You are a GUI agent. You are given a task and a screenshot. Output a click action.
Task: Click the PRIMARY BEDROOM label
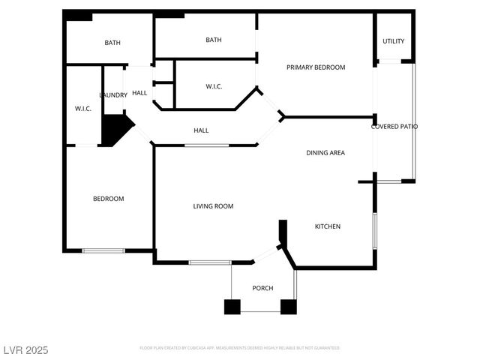click(x=316, y=67)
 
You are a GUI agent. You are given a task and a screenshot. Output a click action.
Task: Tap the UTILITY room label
click(x=394, y=41)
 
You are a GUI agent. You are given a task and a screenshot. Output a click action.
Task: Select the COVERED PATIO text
click(x=394, y=127)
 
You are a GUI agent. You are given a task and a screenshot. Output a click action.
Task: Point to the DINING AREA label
click(x=325, y=153)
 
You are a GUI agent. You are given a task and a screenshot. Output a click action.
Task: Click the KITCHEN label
click(x=327, y=226)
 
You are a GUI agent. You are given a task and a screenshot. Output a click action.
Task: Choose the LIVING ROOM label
click(x=213, y=206)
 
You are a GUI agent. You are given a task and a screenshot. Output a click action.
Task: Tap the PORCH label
click(x=262, y=289)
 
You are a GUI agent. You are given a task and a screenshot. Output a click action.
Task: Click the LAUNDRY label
click(x=113, y=95)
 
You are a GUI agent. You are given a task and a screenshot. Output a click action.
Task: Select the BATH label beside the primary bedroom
click(x=214, y=40)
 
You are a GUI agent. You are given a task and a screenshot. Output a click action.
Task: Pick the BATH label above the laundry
click(x=112, y=43)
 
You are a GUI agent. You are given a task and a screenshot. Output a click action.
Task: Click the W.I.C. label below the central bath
click(x=214, y=87)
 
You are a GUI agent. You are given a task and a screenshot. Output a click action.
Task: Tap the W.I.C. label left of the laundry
click(x=82, y=109)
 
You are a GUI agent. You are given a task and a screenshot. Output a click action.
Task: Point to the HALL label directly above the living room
click(x=201, y=131)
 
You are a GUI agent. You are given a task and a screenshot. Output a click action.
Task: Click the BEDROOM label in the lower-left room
click(x=108, y=199)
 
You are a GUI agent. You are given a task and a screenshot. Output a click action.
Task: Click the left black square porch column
click(x=232, y=306)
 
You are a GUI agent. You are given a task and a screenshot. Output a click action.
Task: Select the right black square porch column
click(x=289, y=306)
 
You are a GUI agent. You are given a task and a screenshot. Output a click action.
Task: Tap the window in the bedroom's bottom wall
click(x=103, y=250)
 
